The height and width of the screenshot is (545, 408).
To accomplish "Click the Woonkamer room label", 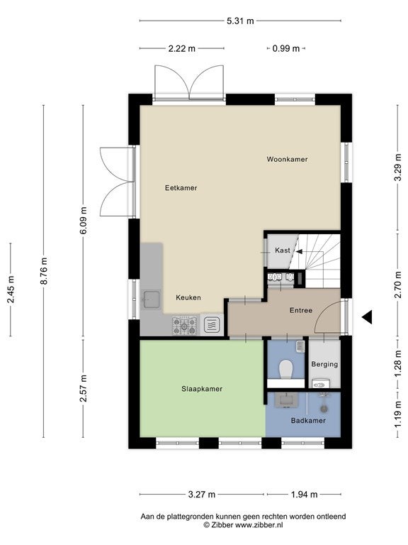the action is pos(287,159).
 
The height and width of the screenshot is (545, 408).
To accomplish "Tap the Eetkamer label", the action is pos(181,187).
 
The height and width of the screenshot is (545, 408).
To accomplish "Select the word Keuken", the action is pos(188,297).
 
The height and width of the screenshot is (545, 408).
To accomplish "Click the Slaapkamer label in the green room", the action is pos(202,389).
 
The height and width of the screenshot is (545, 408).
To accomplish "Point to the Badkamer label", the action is pos(308,421).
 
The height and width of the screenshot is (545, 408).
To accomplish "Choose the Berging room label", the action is pos(324,364).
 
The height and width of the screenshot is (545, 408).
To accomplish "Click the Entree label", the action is pos(301,310).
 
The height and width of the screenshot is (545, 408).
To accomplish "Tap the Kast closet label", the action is pos(283,251).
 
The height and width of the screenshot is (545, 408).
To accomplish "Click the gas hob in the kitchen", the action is pos(185,326).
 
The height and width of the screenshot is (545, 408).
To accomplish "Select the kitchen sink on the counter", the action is pos(152,299).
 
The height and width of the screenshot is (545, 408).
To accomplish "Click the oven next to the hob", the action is pos(211,326).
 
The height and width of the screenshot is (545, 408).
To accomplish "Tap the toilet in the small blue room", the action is pos(286,369).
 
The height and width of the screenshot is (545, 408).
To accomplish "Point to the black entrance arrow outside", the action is pos(367,317).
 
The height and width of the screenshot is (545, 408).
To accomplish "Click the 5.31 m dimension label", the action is pos(240,21).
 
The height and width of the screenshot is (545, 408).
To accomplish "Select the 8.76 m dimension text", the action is pos(44,271).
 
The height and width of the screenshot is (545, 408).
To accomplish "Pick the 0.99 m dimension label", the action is pos(286,49).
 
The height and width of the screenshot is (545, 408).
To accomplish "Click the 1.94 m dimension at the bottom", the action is pos(304,494).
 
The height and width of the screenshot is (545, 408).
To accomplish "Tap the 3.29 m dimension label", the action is pos(398,167).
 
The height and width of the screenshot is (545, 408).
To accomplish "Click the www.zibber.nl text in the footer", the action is pos(259,525).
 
